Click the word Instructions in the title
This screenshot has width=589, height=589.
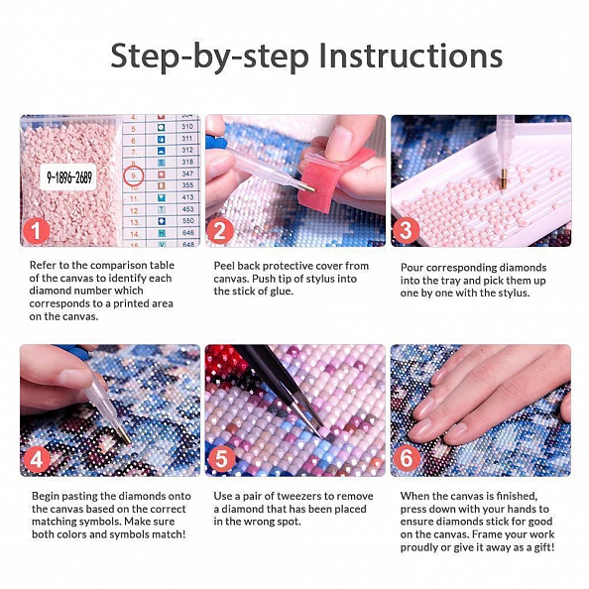[411, 56]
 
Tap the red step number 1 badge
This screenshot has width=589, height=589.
[37, 231]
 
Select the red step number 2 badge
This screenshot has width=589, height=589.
[220, 231]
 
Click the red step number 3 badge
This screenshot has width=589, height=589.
[407, 231]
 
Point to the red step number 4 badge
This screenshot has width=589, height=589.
[37, 459]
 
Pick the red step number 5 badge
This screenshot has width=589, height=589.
[221, 459]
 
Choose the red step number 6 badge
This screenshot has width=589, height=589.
[407, 459]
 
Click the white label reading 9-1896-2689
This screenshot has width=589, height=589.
[68, 177]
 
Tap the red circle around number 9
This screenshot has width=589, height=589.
[134, 176]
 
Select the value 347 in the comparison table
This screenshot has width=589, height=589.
[187, 174]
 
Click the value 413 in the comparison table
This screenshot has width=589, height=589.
[187, 197]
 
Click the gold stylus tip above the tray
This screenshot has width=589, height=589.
[504, 179]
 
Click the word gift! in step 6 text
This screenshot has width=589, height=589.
[544, 547]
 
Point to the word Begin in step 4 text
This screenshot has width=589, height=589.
[46, 497]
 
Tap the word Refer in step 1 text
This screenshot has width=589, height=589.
[43, 265]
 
